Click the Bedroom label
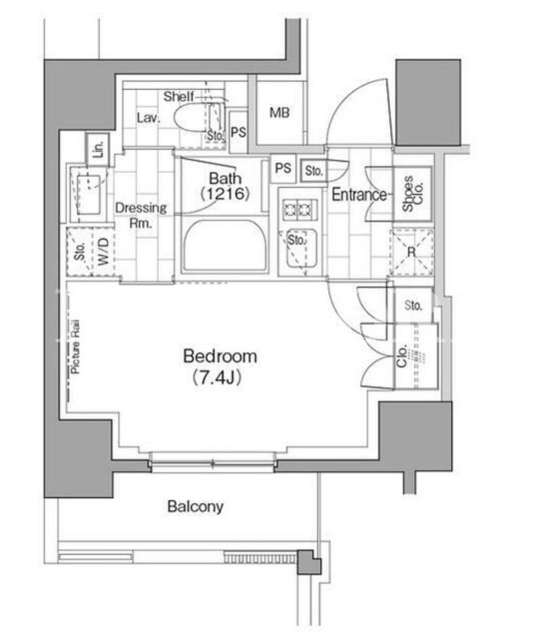click(x=220, y=356)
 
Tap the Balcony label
click(x=196, y=506)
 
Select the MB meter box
click(x=280, y=112)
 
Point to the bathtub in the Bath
click(x=225, y=245)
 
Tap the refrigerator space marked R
click(x=411, y=252)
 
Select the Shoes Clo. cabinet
click(x=413, y=194)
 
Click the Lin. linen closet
click(x=98, y=149)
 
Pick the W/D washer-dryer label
click(x=103, y=251)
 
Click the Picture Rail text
click(x=75, y=346)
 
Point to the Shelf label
click(x=178, y=96)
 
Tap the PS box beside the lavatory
click(x=238, y=132)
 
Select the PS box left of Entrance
click(x=283, y=168)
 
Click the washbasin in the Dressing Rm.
click(x=89, y=194)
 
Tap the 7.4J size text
click(x=218, y=377)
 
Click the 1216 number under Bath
click(x=225, y=194)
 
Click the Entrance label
click(x=359, y=194)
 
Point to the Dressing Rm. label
click(x=141, y=215)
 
